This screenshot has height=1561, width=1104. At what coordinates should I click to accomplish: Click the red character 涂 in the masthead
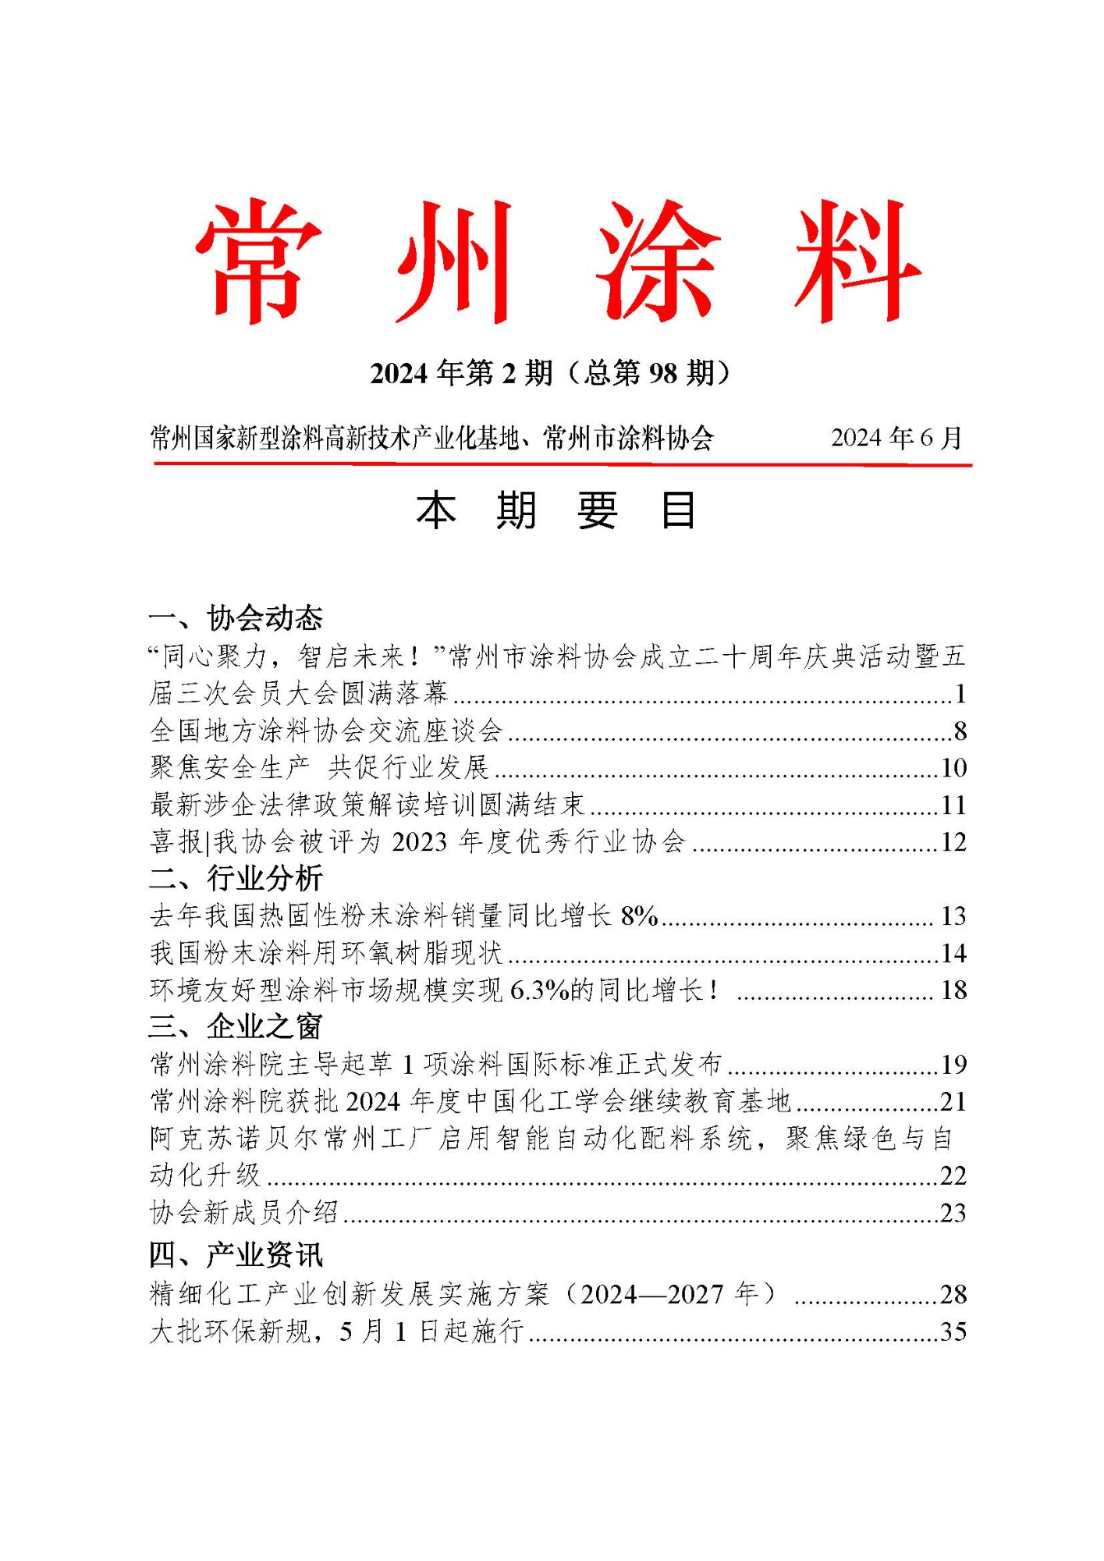pyautogui.click(x=657, y=261)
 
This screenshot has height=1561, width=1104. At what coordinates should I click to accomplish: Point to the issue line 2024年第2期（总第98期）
pyautogui.click(x=552, y=373)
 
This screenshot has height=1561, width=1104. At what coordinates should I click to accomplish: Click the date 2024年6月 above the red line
pyautogui.click(x=896, y=438)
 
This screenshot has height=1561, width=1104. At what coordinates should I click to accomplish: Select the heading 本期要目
pyautogui.click(x=556, y=511)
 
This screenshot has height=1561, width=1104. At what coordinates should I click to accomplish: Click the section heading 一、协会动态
pyautogui.click(x=236, y=618)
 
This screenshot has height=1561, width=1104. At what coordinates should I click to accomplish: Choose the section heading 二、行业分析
pyautogui.click(x=236, y=879)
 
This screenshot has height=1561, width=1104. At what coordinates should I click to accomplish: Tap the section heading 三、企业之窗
pyautogui.click(x=236, y=1027)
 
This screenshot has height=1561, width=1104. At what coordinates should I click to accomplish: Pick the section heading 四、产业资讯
pyautogui.click(x=236, y=1255)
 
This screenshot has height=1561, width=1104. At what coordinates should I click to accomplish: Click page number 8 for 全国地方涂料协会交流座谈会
pyautogui.click(x=960, y=731)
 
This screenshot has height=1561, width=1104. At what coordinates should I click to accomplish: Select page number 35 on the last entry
pyautogui.click(x=953, y=1332)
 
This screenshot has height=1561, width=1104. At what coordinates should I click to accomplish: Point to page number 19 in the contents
pyautogui.click(x=953, y=1065)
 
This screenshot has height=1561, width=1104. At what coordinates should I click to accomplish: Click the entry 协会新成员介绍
pyautogui.click(x=244, y=1213)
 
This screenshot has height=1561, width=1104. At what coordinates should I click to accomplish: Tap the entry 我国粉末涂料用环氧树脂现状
pyautogui.click(x=326, y=953)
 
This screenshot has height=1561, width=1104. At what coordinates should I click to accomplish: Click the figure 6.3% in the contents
pyautogui.click(x=538, y=990)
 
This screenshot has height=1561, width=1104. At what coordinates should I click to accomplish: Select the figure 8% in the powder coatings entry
pyautogui.click(x=639, y=916)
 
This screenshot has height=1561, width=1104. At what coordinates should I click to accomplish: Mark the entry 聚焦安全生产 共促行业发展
pyautogui.click(x=319, y=768)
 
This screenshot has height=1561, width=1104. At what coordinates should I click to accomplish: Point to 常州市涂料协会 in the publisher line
pyautogui.click(x=628, y=439)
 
